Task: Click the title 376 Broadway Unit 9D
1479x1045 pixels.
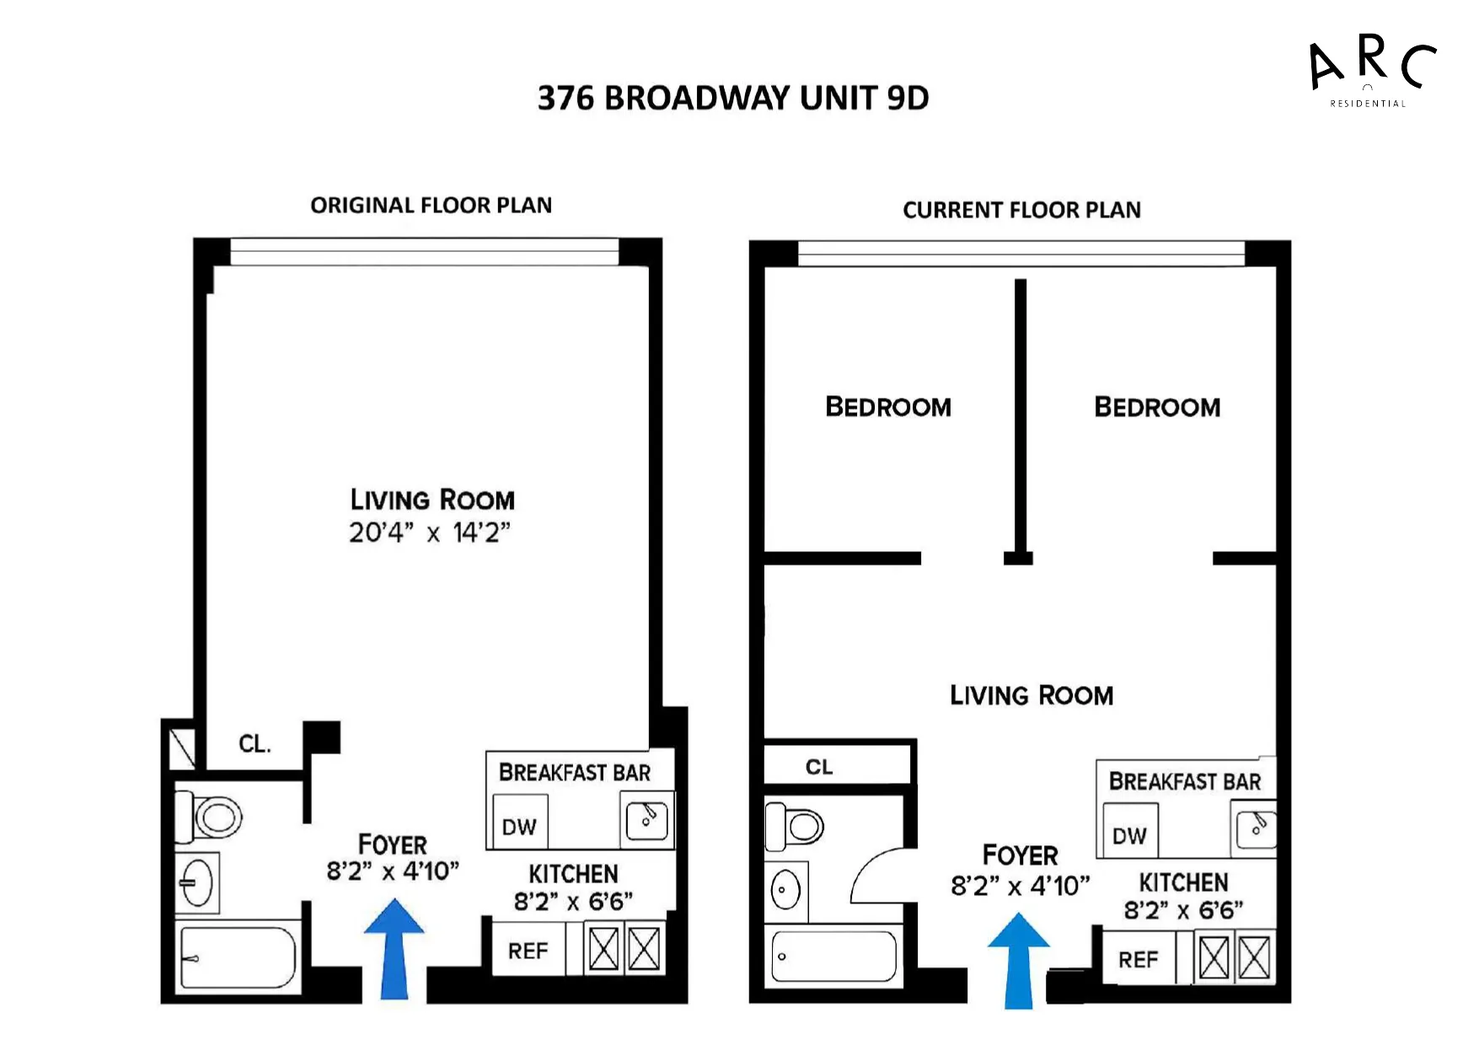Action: click(x=732, y=99)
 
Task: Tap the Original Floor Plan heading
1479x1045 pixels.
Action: click(x=431, y=206)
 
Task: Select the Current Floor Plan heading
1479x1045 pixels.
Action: click(x=1021, y=210)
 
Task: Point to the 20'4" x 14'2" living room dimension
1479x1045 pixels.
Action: click(x=430, y=533)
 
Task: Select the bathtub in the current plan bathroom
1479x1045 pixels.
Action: click(x=833, y=957)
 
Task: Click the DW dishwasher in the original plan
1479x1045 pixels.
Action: click(x=519, y=827)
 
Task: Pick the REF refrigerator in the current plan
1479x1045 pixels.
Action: click(x=1138, y=960)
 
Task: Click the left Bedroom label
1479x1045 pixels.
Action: click(x=888, y=407)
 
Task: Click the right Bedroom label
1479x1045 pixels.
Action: click(x=1157, y=408)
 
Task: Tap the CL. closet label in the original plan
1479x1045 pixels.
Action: click(x=255, y=744)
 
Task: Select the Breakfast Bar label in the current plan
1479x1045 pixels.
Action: click(x=1184, y=782)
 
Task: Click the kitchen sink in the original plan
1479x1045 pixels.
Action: click(x=647, y=820)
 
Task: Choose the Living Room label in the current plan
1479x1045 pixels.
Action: click(x=1032, y=696)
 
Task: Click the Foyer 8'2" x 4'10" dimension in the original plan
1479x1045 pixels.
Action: click(x=393, y=871)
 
